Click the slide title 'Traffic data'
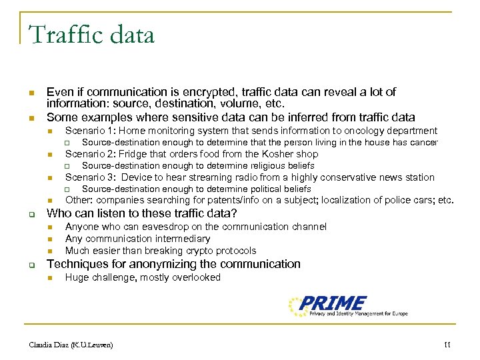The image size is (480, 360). (91, 34)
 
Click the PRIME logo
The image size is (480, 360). (347, 306)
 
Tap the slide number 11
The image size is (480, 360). (447, 345)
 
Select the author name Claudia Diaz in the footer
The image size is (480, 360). (71, 345)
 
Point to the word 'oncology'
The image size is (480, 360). (365, 131)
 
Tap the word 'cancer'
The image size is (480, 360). (423, 143)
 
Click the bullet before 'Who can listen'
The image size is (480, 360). (31, 214)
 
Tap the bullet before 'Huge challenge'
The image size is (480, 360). (50, 278)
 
